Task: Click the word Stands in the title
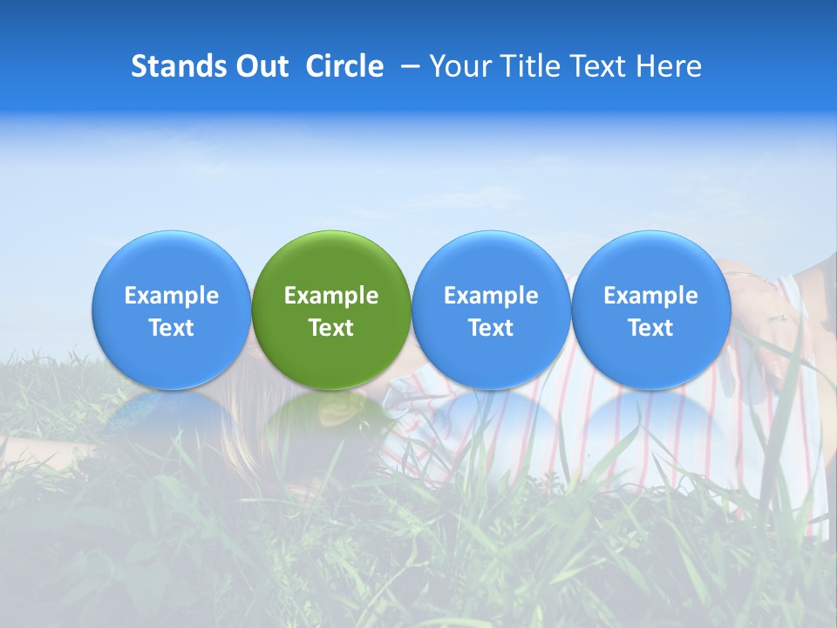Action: click(174, 66)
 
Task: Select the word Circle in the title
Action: click(344, 66)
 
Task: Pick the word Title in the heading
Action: click(528, 66)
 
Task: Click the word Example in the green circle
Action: click(331, 296)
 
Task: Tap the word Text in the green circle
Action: click(331, 328)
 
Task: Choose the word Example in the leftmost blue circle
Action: click(172, 296)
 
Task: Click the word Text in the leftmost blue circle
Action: click(172, 328)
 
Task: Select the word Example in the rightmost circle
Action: click(650, 296)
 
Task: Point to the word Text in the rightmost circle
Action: click(650, 328)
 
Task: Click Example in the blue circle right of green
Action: click(491, 296)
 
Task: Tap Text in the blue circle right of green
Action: click(491, 328)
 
